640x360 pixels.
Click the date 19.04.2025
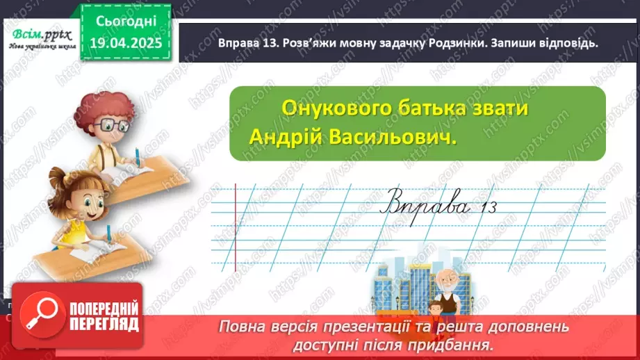[126, 42]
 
